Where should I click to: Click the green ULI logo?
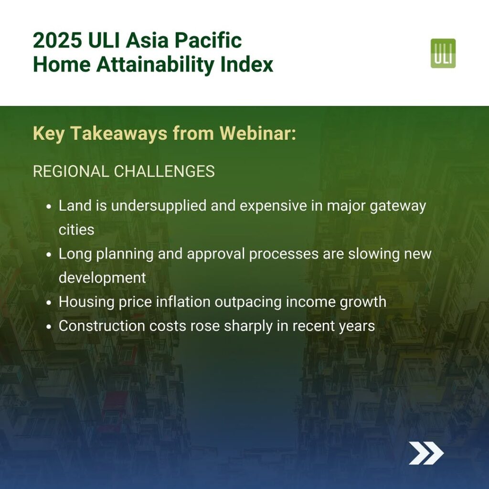click(x=443, y=53)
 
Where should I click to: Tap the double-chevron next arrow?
click(x=426, y=453)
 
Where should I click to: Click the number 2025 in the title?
click(x=57, y=40)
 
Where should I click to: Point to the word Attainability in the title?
click(x=156, y=64)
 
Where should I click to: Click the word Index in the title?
click(x=247, y=64)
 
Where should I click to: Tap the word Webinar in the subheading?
click(x=257, y=134)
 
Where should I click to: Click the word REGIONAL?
click(x=71, y=171)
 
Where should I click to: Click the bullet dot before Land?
click(x=48, y=207)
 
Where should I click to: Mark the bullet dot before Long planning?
click(x=48, y=255)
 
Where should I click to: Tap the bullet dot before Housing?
click(x=48, y=303)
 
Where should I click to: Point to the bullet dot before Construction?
click(x=48, y=327)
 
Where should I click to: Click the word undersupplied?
click(x=159, y=206)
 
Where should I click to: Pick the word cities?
click(x=76, y=230)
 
